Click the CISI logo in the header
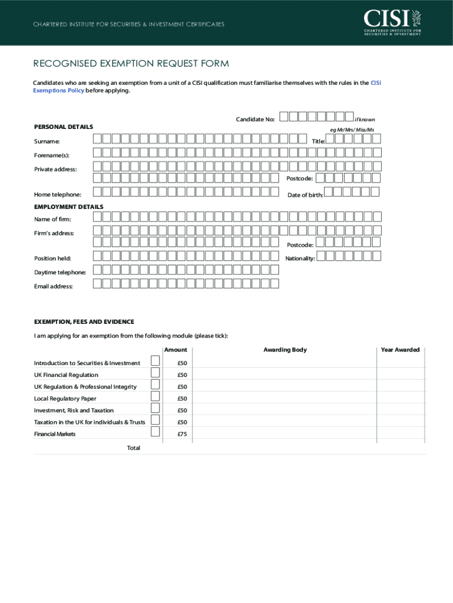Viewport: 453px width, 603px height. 392,22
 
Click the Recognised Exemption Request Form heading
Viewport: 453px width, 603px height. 131,64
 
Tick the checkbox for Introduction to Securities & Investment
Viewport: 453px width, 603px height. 155,360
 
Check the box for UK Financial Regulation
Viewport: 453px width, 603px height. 155,372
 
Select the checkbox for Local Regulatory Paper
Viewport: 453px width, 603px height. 155,396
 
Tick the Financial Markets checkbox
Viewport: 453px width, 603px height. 155,432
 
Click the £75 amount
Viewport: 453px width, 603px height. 182,434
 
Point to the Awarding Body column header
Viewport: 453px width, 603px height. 285,350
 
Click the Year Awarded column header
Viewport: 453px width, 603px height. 400,350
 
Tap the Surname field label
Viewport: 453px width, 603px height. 46,142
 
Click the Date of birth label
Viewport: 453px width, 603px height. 305,195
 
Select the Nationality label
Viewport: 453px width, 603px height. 300,259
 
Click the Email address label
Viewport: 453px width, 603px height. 53,286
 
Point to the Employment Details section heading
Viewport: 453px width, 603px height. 68,207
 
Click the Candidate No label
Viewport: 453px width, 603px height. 255,120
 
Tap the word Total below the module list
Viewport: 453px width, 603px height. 134,448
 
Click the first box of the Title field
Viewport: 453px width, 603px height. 330,139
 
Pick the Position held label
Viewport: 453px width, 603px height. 52,259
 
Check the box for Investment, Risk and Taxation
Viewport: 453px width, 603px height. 155,408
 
